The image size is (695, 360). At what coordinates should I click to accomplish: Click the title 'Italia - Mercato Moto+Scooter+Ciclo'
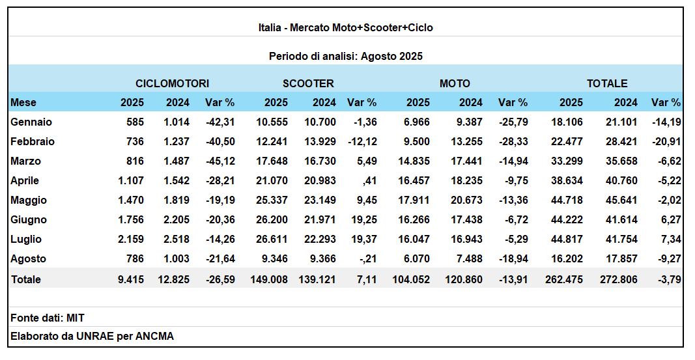(x=346, y=27)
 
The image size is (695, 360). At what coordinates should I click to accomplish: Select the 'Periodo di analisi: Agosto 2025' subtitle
(x=346, y=56)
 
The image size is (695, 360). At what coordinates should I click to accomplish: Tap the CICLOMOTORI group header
(x=173, y=84)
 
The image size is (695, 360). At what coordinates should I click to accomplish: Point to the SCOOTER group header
(x=308, y=84)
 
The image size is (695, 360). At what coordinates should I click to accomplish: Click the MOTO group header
(x=455, y=84)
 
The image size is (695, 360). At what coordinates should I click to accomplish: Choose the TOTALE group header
(x=607, y=84)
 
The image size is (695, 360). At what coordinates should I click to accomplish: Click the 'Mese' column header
(x=23, y=103)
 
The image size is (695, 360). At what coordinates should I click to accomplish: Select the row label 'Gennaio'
(x=31, y=122)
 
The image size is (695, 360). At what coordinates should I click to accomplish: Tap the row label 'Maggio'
(x=29, y=200)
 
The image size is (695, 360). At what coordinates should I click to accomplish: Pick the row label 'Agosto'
(x=29, y=258)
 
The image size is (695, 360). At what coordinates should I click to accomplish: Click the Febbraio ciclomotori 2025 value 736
(x=135, y=142)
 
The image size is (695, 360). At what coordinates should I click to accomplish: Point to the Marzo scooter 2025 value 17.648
(x=272, y=161)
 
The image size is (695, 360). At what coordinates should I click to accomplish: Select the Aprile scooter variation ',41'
(x=368, y=181)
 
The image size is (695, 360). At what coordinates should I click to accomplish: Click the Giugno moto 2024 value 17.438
(x=467, y=219)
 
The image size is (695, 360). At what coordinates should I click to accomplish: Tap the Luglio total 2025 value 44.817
(x=567, y=239)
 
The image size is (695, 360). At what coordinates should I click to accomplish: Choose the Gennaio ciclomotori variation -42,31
(x=220, y=122)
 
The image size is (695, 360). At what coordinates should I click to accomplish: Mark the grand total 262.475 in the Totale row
(x=564, y=280)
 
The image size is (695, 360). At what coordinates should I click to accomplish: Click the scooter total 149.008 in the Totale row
(x=269, y=280)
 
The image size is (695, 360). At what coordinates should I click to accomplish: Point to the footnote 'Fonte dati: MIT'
(x=48, y=318)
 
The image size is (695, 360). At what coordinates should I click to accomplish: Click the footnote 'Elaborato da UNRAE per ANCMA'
(x=92, y=336)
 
